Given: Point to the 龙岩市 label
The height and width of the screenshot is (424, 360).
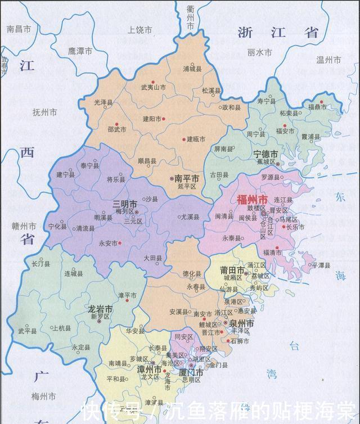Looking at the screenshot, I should pyautogui.click(x=101, y=309).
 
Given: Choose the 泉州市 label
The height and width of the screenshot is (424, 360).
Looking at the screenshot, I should pyautogui.click(x=242, y=324).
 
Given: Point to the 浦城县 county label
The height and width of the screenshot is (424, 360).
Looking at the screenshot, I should pyautogui.click(x=193, y=69).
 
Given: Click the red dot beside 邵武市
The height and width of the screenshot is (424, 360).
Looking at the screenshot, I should pyautogui.click(x=116, y=124).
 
